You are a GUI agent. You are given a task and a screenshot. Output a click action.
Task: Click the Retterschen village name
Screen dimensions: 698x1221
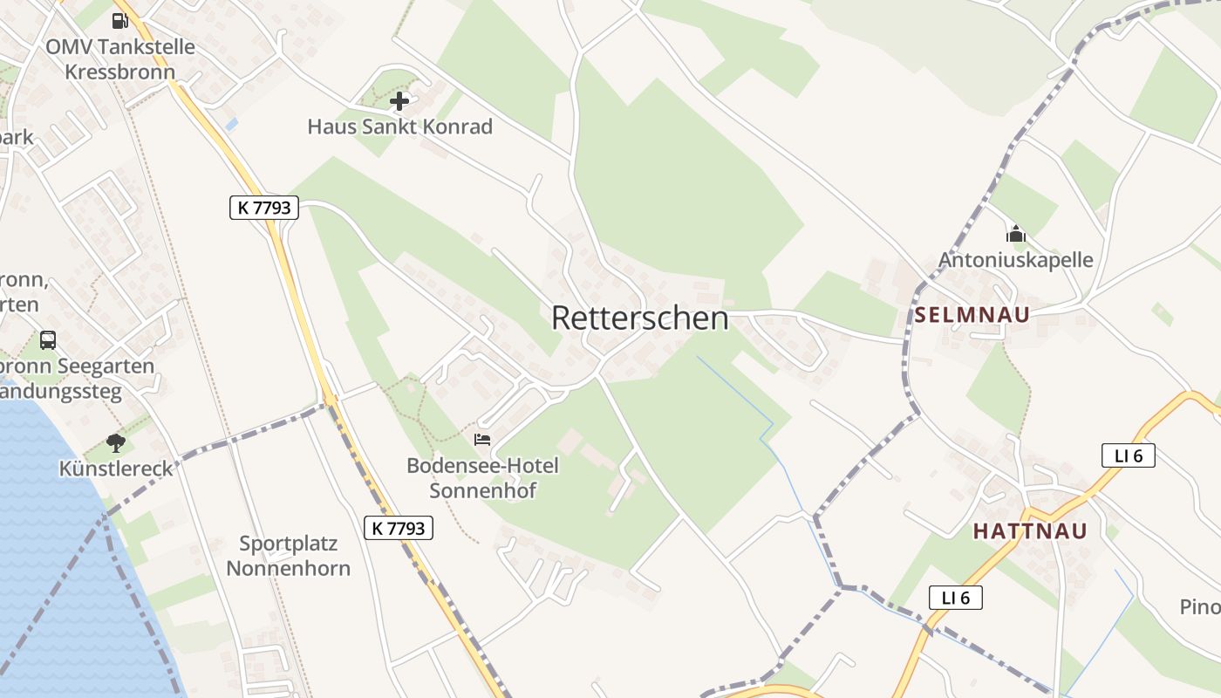(639, 318)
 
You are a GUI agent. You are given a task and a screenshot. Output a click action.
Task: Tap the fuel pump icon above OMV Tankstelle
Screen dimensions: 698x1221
(119, 20)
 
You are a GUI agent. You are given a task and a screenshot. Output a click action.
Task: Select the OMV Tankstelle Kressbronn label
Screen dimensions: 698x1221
(120, 58)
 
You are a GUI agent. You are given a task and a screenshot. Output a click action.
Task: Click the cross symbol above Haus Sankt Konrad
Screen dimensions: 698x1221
(399, 101)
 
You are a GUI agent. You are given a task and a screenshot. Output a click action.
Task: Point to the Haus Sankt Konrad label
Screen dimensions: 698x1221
(399, 127)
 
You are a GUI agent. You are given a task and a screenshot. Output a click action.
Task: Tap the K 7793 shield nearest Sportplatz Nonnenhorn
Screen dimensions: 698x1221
(398, 528)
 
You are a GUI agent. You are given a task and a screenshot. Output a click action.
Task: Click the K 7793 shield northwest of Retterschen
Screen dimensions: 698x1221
(264, 208)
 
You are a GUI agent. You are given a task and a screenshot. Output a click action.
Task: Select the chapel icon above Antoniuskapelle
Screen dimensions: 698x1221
(1015, 234)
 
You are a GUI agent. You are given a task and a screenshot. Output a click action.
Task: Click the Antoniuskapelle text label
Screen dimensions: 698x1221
(1015, 260)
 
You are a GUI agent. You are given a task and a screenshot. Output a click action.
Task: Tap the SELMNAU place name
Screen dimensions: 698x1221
(972, 315)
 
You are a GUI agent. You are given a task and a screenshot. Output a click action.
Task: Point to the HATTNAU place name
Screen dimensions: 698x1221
(1030, 531)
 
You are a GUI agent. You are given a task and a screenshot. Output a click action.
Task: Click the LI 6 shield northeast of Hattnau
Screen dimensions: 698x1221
(1128, 455)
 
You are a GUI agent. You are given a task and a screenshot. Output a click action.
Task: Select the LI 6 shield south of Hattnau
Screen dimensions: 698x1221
(956, 598)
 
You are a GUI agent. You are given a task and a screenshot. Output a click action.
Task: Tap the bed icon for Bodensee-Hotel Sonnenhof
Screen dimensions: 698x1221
(482, 439)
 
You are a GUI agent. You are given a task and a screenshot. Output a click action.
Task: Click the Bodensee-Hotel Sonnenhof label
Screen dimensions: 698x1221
(482, 478)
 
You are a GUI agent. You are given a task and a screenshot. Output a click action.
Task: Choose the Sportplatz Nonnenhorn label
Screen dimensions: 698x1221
(288, 556)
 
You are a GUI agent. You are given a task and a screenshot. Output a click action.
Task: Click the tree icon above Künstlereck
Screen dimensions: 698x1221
(116, 443)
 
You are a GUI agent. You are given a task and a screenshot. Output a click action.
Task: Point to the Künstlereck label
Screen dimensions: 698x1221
(116, 469)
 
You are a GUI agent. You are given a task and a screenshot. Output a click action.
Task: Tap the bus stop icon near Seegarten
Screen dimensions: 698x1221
(48, 340)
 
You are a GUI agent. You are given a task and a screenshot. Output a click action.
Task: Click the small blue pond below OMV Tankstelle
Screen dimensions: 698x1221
(230, 125)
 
